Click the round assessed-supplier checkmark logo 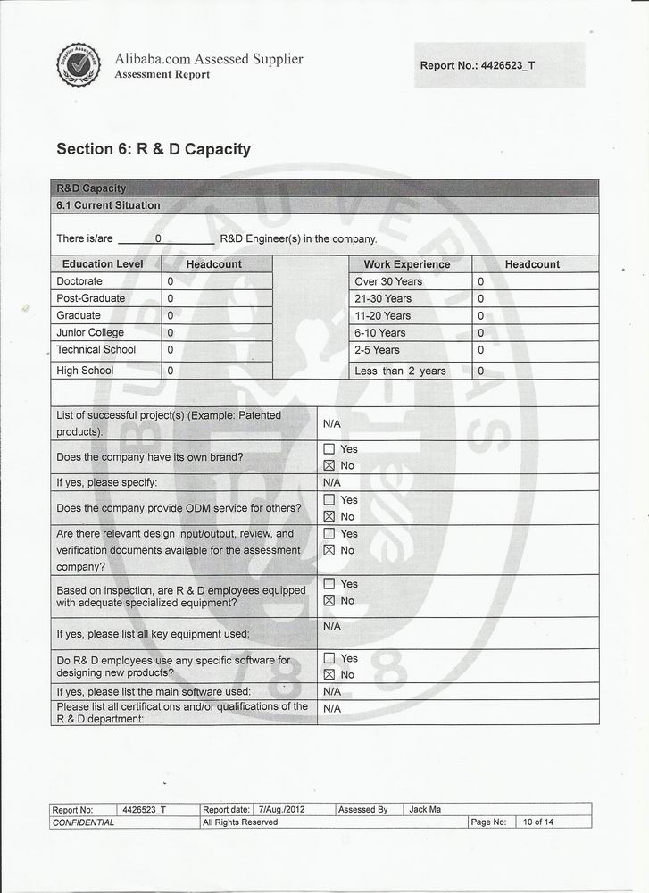79,64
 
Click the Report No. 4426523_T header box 499,65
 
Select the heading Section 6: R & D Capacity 154,149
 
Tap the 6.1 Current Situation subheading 108,205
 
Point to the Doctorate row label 79,281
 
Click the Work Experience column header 406,264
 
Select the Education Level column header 103,264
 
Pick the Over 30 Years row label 388,281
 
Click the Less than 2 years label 400,371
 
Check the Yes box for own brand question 329,449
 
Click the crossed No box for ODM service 329,516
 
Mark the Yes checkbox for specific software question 329,658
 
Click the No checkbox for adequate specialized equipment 329,600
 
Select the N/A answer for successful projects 332,423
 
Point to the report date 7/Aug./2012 281,810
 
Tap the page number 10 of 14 538,822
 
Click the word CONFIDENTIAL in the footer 84,822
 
